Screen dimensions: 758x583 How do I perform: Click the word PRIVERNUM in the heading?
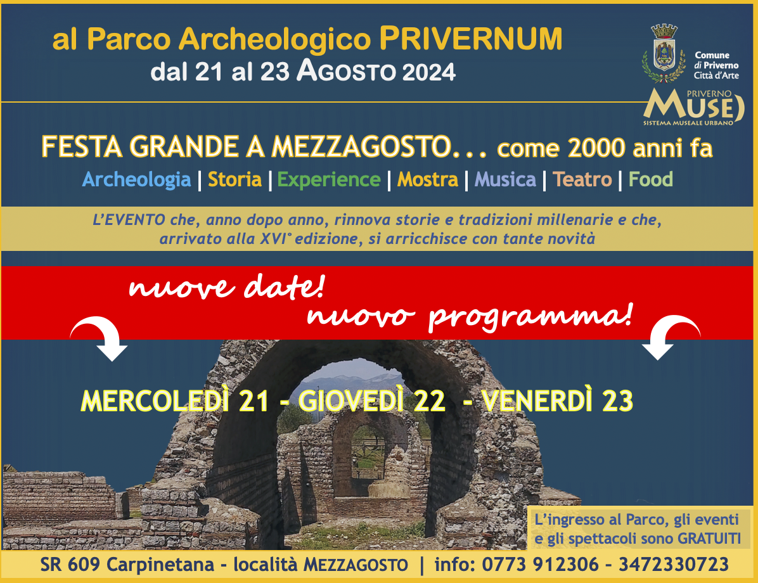(x=471, y=39)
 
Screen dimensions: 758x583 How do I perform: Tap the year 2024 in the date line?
(x=429, y=72)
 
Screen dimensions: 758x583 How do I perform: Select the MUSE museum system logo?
(x=693, y=107)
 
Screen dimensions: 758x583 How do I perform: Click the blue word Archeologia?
(x=137, y=180)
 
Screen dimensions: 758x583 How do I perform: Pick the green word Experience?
(x=329, y=180)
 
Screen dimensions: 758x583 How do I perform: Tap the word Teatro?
(x=582, y=179)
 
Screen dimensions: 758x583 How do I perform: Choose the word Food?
(x=651, y=179)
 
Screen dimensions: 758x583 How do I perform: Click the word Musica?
(x=505, y=179)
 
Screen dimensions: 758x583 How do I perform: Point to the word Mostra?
(x=427, y=179)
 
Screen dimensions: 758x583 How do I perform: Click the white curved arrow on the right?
(x=671, y=337)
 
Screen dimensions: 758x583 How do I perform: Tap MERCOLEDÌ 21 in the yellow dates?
(x=175, y=400)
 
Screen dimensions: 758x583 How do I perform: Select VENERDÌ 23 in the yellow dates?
(x=557, y=400)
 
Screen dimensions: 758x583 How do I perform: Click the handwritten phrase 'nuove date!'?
(x=226, y=286)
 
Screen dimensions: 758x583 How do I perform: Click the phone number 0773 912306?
(x=540, y=564)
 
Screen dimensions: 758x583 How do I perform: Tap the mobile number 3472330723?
(x=674, y=564)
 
